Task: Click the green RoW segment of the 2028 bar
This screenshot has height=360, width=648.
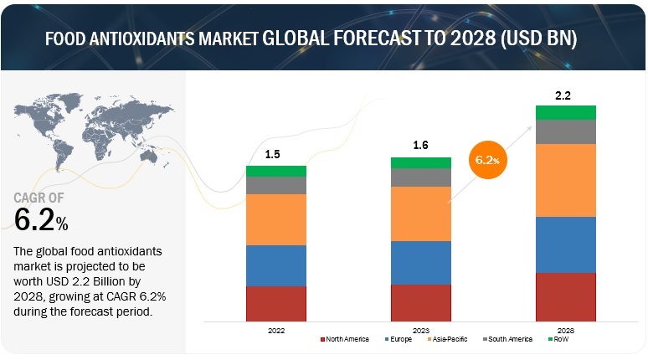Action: pos(565,112)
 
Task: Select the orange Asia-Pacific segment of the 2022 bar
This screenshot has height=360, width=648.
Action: pos(275,219)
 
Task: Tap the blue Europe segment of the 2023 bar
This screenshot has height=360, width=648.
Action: pos(420,263)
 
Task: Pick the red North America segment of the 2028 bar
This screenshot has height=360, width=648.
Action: pos(565,297)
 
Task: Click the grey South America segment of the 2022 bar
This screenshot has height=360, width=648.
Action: pos(275,185)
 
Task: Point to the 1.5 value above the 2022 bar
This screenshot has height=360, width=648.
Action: pos(274,155)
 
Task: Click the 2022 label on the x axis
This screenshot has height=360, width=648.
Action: pos(275,330)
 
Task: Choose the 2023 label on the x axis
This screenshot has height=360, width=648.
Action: pos(420,330)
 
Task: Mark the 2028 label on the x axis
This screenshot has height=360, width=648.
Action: pos(565,330)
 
